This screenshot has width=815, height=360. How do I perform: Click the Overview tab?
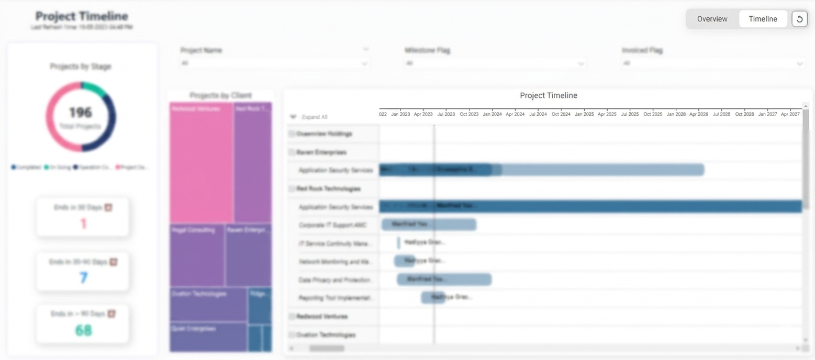click(712, 19)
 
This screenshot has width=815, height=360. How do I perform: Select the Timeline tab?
click(763, 19)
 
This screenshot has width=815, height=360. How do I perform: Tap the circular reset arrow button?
click(799, 19)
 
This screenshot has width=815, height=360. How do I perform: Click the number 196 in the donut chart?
click(81, 113)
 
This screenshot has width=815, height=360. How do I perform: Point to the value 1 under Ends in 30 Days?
click(83, 224)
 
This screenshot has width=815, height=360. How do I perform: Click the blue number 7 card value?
click(83, 278)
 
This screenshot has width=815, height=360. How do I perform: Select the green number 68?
click(83, 331)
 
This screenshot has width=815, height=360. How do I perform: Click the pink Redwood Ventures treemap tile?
click(201, 162)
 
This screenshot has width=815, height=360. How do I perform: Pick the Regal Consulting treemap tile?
click(197, 255)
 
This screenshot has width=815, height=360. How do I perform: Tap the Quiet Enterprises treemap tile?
click(208, 337)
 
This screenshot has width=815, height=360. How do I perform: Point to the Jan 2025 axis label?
click(584, 114)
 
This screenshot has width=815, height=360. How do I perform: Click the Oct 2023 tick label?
click(469, 114)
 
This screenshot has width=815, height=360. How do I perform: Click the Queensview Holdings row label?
click(324, 134)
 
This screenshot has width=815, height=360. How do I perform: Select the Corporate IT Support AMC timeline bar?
click(429, 224)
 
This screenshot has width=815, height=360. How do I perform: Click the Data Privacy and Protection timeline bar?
click(444, 279)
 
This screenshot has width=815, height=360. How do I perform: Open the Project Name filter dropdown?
click(274, 63)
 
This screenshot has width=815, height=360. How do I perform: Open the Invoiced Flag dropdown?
click(713, 63)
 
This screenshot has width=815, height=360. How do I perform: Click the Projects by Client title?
click(220, 96)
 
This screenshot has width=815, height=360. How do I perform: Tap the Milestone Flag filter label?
click(427, 51)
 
